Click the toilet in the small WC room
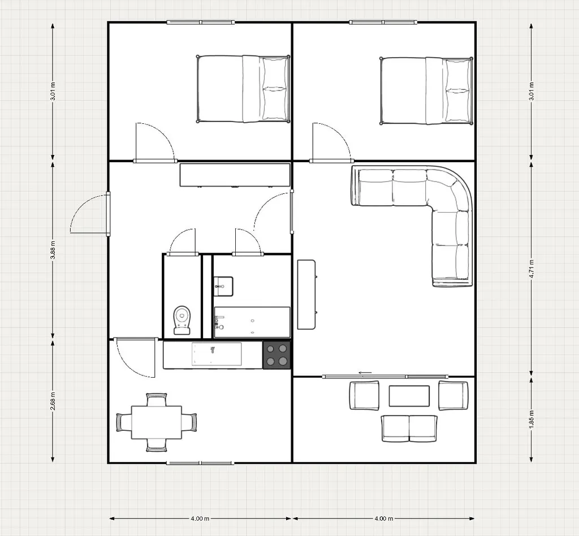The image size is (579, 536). tap(182, 320)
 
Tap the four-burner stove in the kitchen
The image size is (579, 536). tap(276, 355)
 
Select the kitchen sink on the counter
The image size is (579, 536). tap(217, 355)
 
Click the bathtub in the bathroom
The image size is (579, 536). tap(252, 322)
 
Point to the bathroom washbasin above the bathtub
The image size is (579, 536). tap(223, 286)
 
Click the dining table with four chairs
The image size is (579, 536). tap(157, 422)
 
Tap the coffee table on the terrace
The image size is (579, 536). tap(409, 396)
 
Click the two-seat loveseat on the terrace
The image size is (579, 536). tap(409, 428)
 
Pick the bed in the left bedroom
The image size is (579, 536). tap(243, 89)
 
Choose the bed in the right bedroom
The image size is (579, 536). tap(426, 91)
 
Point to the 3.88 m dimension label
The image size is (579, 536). tap(53, 250)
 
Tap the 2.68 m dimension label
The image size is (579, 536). tap(53, 401)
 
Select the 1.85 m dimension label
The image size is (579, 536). tap(532, 420)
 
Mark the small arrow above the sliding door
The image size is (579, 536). tap(365, 373)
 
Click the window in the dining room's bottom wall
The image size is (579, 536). tap(200, 463)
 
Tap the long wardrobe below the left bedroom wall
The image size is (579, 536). tap(235, 175)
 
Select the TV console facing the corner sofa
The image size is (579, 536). tap(307, 294)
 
